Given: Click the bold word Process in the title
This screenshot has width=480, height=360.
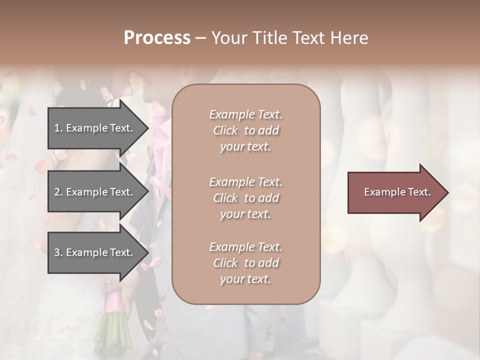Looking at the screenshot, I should pos(157,38).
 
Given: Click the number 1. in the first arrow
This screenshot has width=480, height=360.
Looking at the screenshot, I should pos(58,128).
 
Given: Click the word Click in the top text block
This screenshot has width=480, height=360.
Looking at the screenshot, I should pos(225,130).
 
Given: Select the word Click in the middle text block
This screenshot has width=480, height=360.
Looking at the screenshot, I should pos(225,198).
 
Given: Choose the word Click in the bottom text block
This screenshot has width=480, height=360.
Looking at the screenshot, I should pos(225,263).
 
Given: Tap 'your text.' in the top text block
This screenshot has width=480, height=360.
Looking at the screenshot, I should pos(245,147).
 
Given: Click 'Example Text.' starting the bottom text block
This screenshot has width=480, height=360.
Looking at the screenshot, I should pos(245,247).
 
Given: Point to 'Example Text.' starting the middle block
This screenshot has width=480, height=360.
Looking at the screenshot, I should pos(245,182).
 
